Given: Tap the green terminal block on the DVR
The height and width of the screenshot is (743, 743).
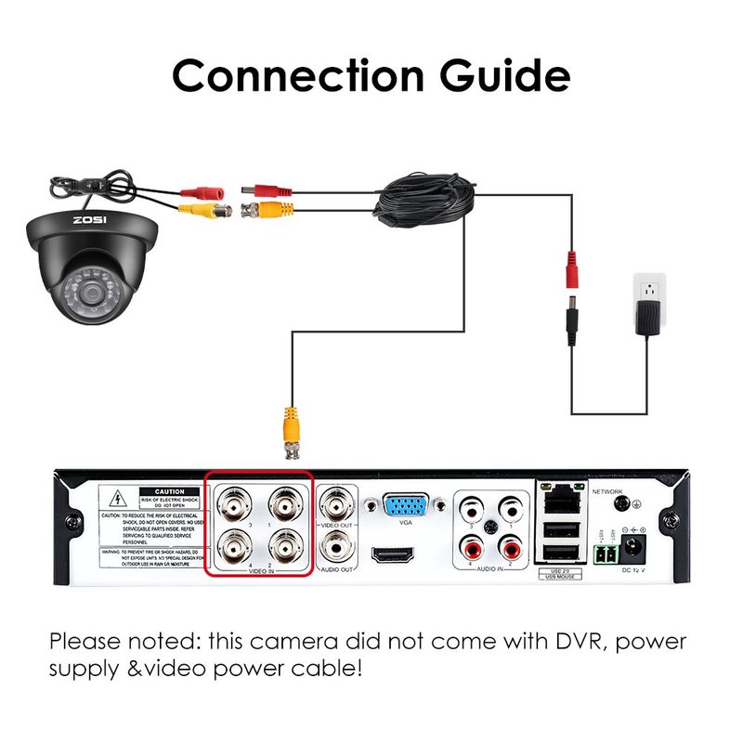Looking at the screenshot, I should (x=603, y=554).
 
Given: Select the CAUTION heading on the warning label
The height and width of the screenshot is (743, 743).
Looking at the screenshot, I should (x=170, y=492).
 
